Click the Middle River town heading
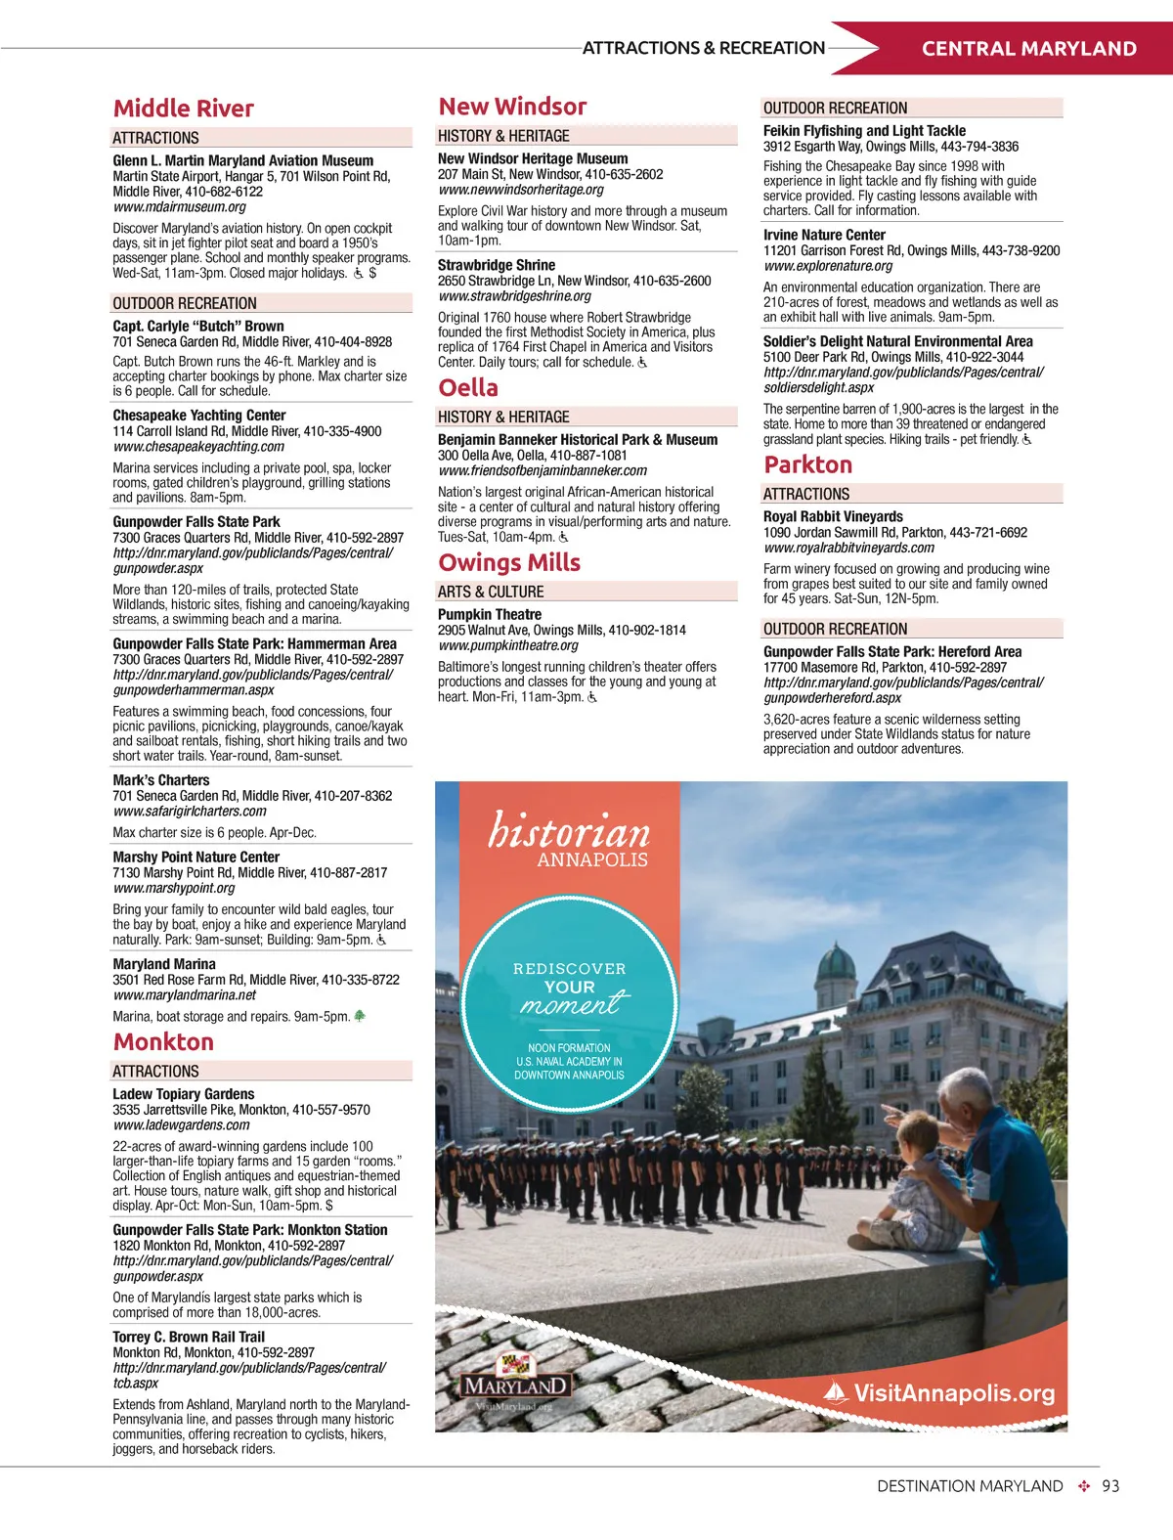(184, 109)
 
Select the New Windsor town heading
(512, 107)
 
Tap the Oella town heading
(468, 388)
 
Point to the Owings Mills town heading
(509, 562)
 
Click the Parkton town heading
(807, 464)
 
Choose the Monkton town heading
(163, 1042)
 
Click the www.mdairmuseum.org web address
(180, 207)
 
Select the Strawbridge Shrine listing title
(497, 265)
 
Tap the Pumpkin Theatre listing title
(490, 614)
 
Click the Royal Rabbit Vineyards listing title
(833, 516)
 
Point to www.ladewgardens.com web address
(182, 1125)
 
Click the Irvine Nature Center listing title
(824, 235)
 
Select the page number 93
(1110, 1486)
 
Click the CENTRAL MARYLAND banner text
(1028, 49)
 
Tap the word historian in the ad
(569, 831)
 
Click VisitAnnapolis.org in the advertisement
(953, 1393)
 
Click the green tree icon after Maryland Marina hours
(360, 1017)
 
